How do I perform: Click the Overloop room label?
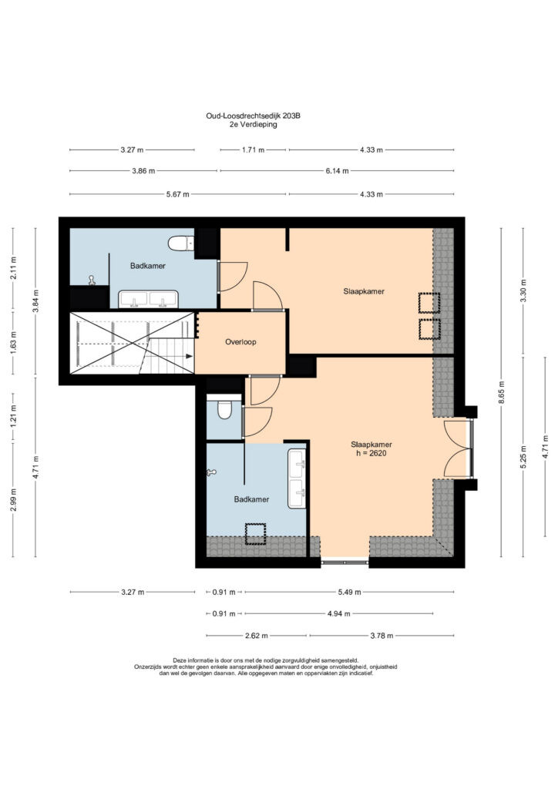[240, 342]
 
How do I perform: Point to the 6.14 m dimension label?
[337, 171]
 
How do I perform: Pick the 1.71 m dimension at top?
[253, 150]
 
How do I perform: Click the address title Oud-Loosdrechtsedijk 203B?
[253, 116]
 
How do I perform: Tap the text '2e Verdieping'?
[253, 125]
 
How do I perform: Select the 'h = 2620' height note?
[371, 453]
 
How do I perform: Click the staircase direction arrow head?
[189, 356]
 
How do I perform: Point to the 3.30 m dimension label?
[523, 290]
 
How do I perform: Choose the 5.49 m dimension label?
[349, 593]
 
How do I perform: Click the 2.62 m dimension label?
[256, 636]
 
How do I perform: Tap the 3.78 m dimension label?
[382, 636]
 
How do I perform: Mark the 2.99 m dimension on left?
[13, 499]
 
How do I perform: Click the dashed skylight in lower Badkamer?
[255, 535]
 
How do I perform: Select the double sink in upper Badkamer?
[148, 299]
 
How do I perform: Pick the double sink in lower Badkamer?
[297, 478]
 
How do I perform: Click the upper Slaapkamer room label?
[364, 291]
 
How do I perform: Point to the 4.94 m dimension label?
[338, 614]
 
